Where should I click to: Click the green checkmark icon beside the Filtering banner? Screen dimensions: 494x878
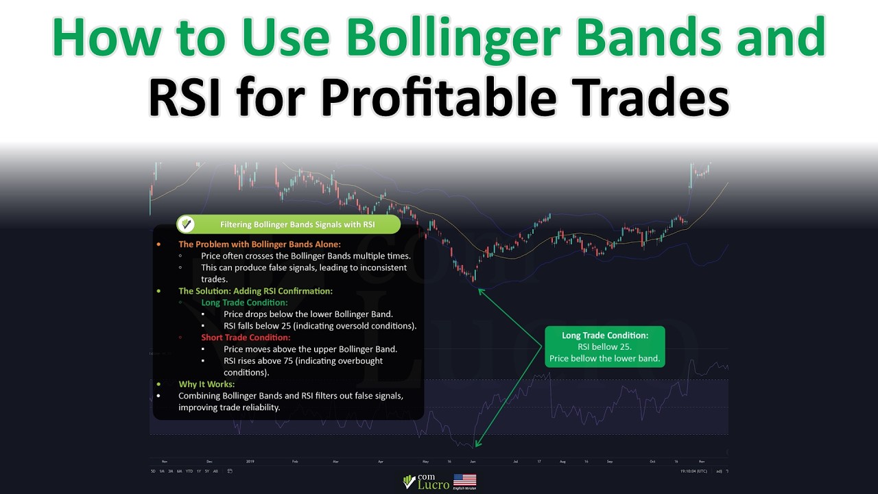(185, 224)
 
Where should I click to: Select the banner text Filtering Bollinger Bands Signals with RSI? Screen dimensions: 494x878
(297, 224)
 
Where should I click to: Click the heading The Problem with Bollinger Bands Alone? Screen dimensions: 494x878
(259, 244)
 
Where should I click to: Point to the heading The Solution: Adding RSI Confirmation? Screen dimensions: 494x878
(255, 291)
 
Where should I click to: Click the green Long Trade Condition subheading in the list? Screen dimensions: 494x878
(244, 303)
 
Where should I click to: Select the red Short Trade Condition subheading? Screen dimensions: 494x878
(246, 338)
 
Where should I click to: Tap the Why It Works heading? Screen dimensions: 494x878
(206, 384)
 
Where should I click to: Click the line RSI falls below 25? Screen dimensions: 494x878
(320, 326)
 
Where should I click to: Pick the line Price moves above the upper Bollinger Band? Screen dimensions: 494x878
(310, 349)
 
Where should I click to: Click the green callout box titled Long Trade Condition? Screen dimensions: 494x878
(604, 346)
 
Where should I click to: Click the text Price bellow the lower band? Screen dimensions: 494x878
(604, 358)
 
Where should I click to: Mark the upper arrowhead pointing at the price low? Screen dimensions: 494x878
(480, 290)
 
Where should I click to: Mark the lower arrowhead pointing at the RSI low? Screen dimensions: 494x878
(477, 445)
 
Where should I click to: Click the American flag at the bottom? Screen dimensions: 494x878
(464, 480)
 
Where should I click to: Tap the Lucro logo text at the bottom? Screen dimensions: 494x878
(434, 484)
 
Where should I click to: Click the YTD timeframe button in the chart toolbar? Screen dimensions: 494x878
(188, 471)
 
